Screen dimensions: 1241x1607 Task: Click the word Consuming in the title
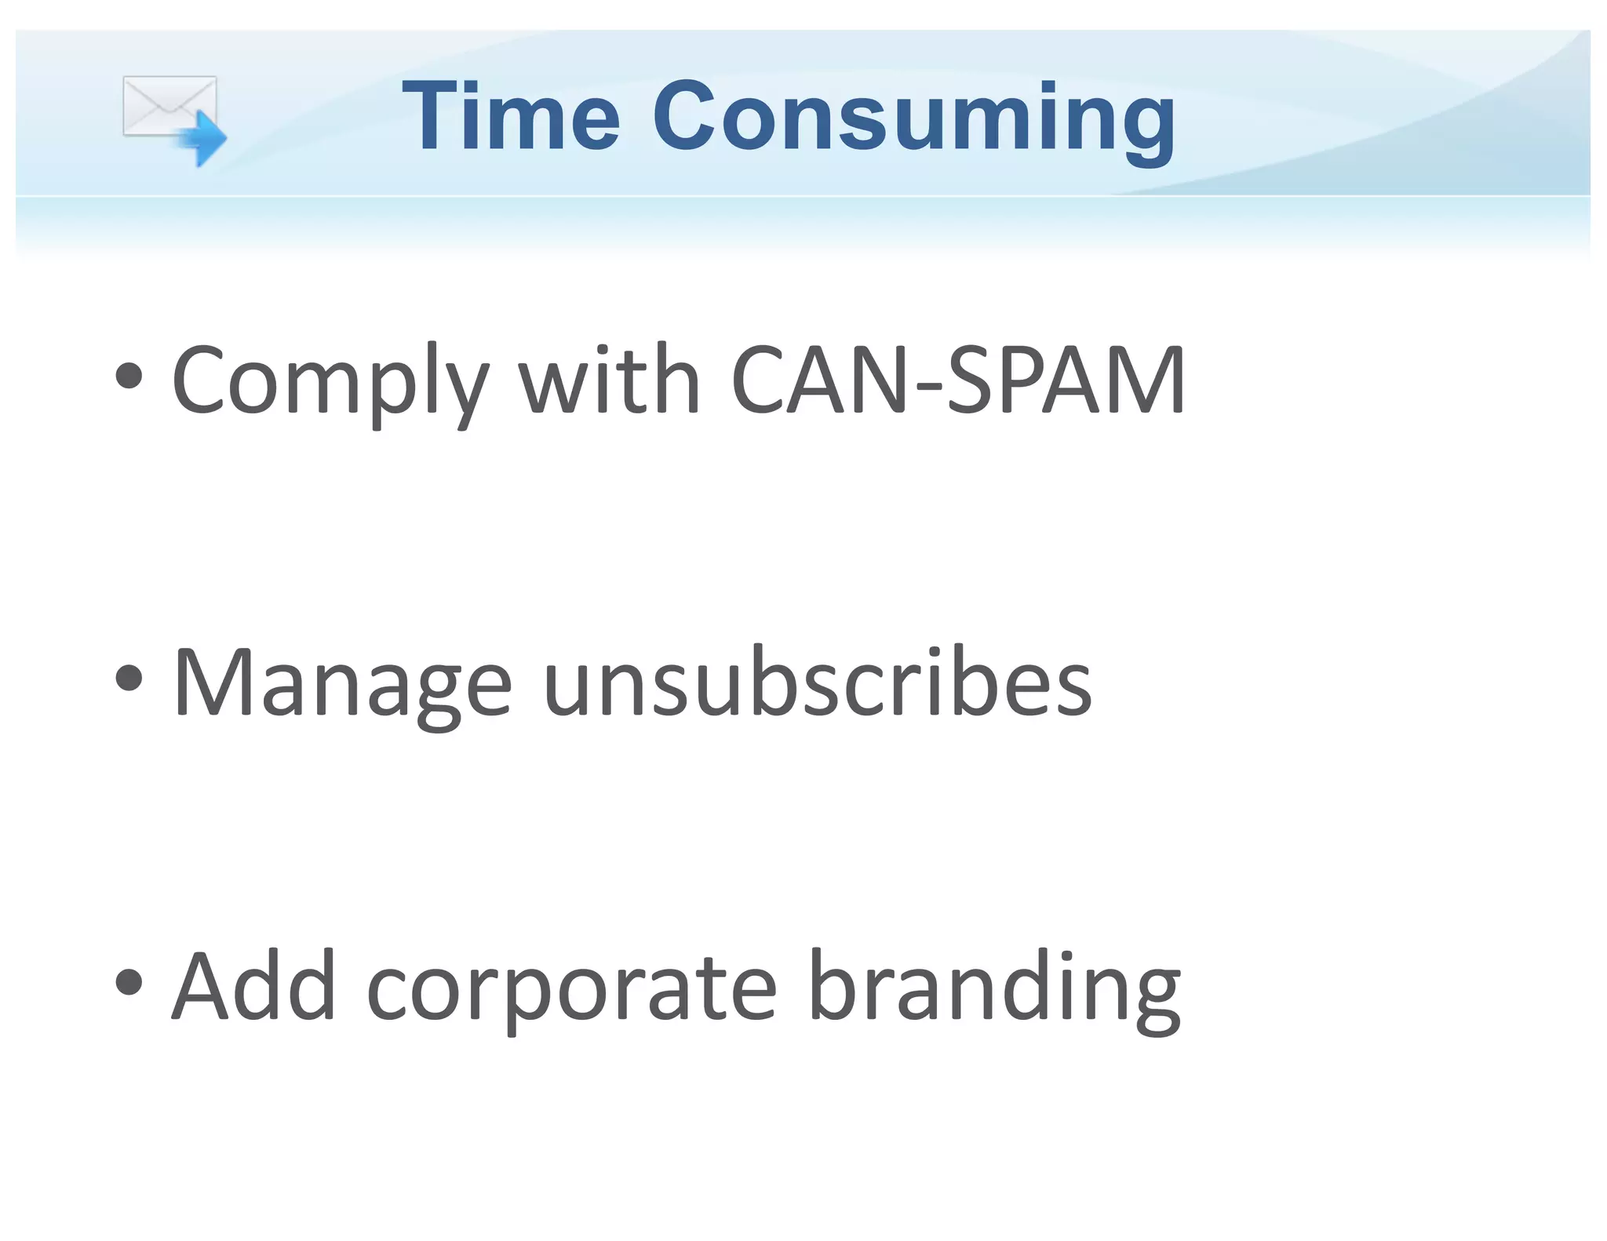(x=913, y=118)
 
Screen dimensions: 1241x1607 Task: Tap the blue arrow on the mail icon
(x=203, y=138)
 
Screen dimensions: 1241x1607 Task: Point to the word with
(x=609, y=380)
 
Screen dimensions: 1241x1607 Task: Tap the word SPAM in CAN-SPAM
(x=1066, y=380)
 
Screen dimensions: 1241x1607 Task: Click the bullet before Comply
(x=129, y=376)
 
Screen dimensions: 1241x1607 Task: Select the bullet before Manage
(x=129, y=677)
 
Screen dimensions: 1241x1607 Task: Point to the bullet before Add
(x=129, y=981)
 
